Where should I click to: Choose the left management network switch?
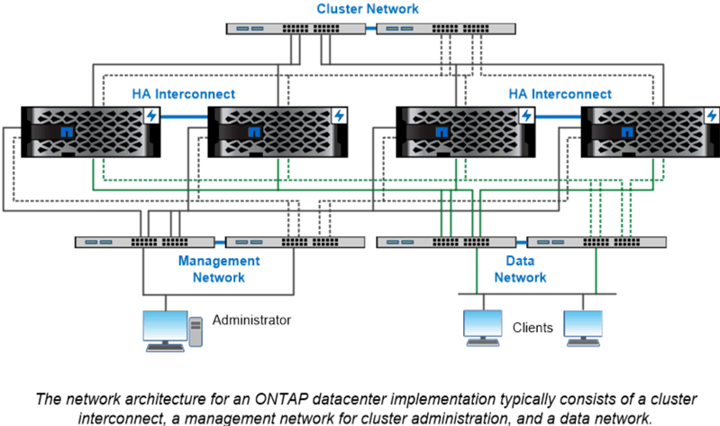pos(145,242)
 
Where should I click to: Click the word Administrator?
pos(252,319)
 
